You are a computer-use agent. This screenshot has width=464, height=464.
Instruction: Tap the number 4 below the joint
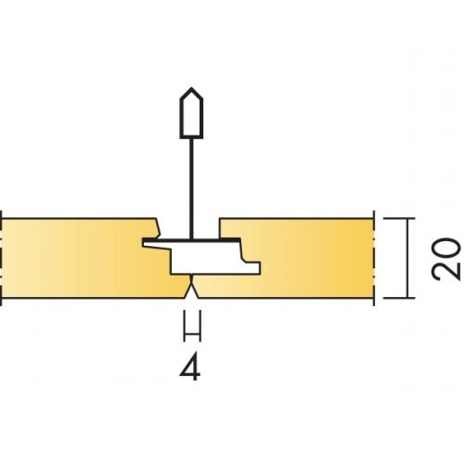(x=190, y=367)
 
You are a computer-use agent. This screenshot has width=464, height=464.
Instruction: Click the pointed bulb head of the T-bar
(x=191, y=113)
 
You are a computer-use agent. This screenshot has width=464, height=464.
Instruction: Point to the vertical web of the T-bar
(x=191, y=188)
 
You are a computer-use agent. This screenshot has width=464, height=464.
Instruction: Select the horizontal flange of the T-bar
(x=191, y=240)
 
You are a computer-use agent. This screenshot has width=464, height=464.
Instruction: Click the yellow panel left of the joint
(x=86, y=258)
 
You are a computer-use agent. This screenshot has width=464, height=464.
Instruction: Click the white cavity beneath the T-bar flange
(x=213, y=258)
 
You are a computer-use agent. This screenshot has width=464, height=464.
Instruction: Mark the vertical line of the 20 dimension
(x=407, y=258)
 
